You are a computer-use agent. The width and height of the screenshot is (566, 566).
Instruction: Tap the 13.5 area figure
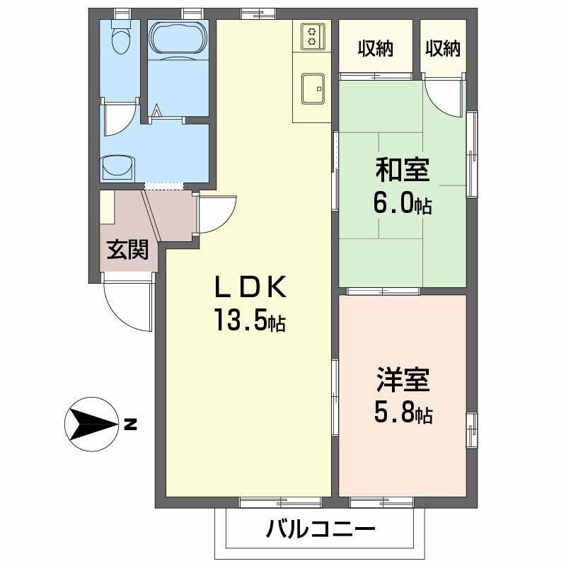(x=250, y=322)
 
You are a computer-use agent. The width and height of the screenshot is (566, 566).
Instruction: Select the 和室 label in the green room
(x=403, y=171)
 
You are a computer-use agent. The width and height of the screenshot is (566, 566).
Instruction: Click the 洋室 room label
(x=403, y=381)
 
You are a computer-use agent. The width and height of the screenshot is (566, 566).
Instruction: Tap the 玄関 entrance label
(x=127, y=249)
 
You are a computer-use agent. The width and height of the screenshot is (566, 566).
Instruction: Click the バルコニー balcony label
(x=320, y=529)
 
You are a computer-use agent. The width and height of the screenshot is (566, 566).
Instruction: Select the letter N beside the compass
(x=129, y=425)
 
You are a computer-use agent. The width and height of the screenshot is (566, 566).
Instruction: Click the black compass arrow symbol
(x=91, y=425)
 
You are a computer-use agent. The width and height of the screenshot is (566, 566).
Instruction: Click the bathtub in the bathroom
(x=178, y=37)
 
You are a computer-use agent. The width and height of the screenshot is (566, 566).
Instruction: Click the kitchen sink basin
(x=310, y=88)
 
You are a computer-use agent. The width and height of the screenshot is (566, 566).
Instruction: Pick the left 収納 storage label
(x=375, y=49)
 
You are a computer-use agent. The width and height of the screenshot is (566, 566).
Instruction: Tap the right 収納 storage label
(x=443, y=49)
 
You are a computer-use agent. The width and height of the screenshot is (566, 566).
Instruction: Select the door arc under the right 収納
(x=446, y=94)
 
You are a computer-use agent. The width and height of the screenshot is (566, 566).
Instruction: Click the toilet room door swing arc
(x=116, y=120)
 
